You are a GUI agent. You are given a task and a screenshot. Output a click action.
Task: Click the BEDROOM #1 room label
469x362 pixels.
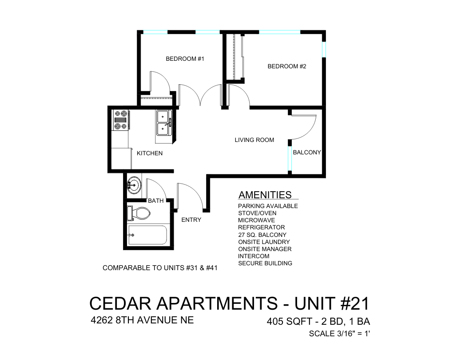pyautogui.click(x=185, y=59)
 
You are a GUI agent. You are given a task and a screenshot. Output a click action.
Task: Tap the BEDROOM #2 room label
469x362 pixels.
pyautogui.click(x=287, y=67)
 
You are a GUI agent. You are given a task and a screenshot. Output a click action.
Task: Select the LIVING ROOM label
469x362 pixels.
pyautogui.click(x=254, y=140)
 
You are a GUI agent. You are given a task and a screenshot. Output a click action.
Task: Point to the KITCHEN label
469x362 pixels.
pyautogui.click(x=149, y=153)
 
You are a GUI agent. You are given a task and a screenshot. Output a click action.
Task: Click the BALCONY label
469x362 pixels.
pyautogui.click(x=306, y=153)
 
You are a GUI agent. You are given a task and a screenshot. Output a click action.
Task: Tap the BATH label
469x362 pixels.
pyautogui.click(x=155, y=201)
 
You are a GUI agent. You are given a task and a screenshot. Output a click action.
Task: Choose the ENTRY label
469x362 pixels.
pyautogui.click(x=191, y=220)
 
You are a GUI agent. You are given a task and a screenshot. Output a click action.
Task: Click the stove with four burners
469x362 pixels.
pyautogui.click(x=120, y=120)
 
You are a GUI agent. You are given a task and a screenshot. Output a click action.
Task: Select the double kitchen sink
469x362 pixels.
pyautogui.click(x=163, y=123)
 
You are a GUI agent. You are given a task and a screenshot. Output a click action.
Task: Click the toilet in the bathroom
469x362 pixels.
pyautogui.click(x=139, y=213)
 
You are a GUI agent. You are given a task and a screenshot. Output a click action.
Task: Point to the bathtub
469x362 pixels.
pyautogui.click(x=147, y=235)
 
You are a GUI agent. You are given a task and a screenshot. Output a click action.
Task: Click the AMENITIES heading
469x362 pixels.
pyautogui.click(x=265, y=195)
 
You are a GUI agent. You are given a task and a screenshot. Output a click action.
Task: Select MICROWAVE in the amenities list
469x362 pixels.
pyautogui.click(x=256, y=220)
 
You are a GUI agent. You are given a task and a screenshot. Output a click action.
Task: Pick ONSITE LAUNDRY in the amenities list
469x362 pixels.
pyautogui.click(x=264, y=242)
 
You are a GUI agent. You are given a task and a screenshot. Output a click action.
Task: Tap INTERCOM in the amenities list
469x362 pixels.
pyautogui.click(x=253, y=256)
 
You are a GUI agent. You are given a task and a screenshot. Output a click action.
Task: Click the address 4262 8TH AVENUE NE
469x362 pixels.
pyautogui.click(x=142, y=320)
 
